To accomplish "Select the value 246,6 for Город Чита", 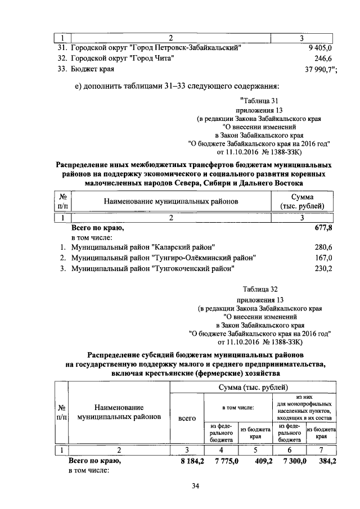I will pyautogui.click(x=323, y=58).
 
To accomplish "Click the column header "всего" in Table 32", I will pyautogui.click(x=186, y=418).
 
